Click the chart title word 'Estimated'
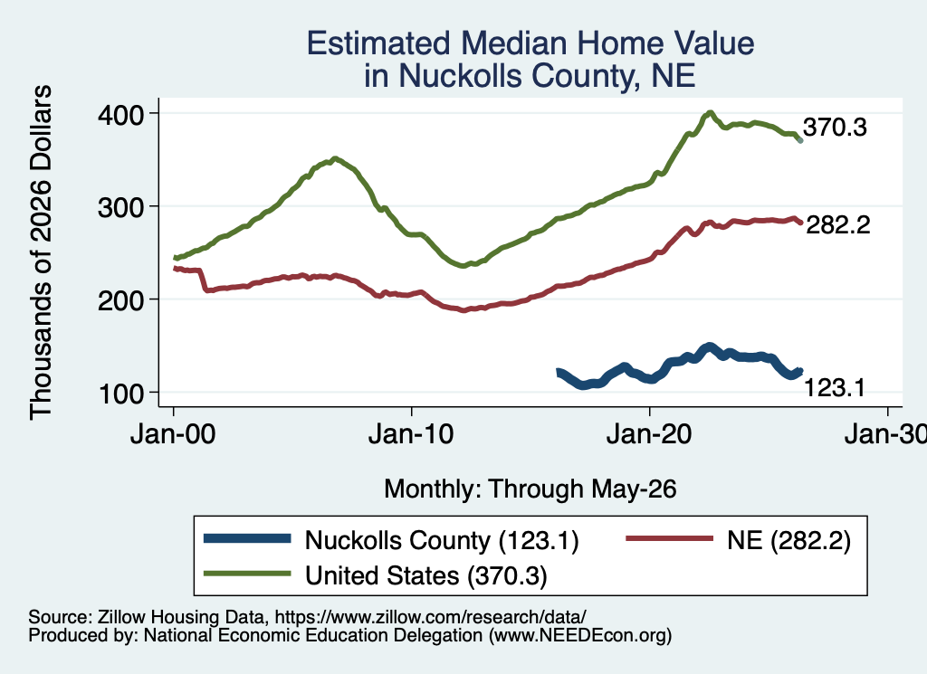click(x=378, y=43)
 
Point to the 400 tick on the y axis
click(x=120, y=114)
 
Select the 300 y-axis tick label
click(x=120, y=207)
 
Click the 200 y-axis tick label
click(x=120, y=300)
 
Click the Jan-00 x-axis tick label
click(x=173, y=435)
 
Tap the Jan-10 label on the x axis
click(x=411, y=435)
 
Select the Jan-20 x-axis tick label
click(x=649, y=435)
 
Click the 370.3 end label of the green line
click(x=835, y=127)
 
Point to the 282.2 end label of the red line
click(x=837, y=224)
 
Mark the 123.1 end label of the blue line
click(x=834, y=387)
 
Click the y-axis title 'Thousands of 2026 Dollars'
click(x=41, y=252)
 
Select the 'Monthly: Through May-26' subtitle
click(x=530, y=489)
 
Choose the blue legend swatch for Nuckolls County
click(x=247, y=538)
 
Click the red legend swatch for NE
click(x=669, y=538)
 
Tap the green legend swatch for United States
click(x=247, y=574)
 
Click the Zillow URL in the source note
click(x=430, y=617)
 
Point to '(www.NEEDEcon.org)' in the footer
click(x=580, y=636)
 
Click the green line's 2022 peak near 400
click(x=710, y=112)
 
